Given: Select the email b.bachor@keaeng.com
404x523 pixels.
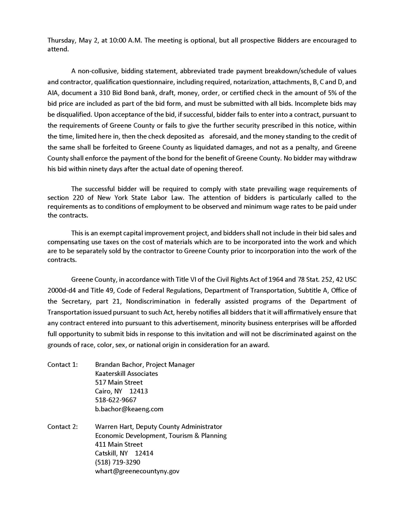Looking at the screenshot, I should click(x=129, y=409).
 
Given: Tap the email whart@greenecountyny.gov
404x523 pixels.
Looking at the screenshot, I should click(x=137, y=471).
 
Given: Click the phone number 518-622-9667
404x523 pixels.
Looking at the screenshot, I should click(x=115, y=400).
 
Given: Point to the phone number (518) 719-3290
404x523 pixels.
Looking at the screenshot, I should click(x=117, y=462).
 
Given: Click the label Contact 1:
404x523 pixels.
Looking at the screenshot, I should click(x=62, y=364).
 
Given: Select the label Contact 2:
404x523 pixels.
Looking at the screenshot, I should click(x=62, y=427).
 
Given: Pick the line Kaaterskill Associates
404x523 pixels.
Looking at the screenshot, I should click(x=126, y=373).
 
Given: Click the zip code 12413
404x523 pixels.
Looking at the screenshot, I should click(x=139, y=391).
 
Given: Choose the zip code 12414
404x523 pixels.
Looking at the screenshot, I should click(x=144, y=453).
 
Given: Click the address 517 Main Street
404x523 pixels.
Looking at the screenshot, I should click(x=119, y=382).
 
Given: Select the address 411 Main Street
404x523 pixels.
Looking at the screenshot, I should click(x=119, y=444).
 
